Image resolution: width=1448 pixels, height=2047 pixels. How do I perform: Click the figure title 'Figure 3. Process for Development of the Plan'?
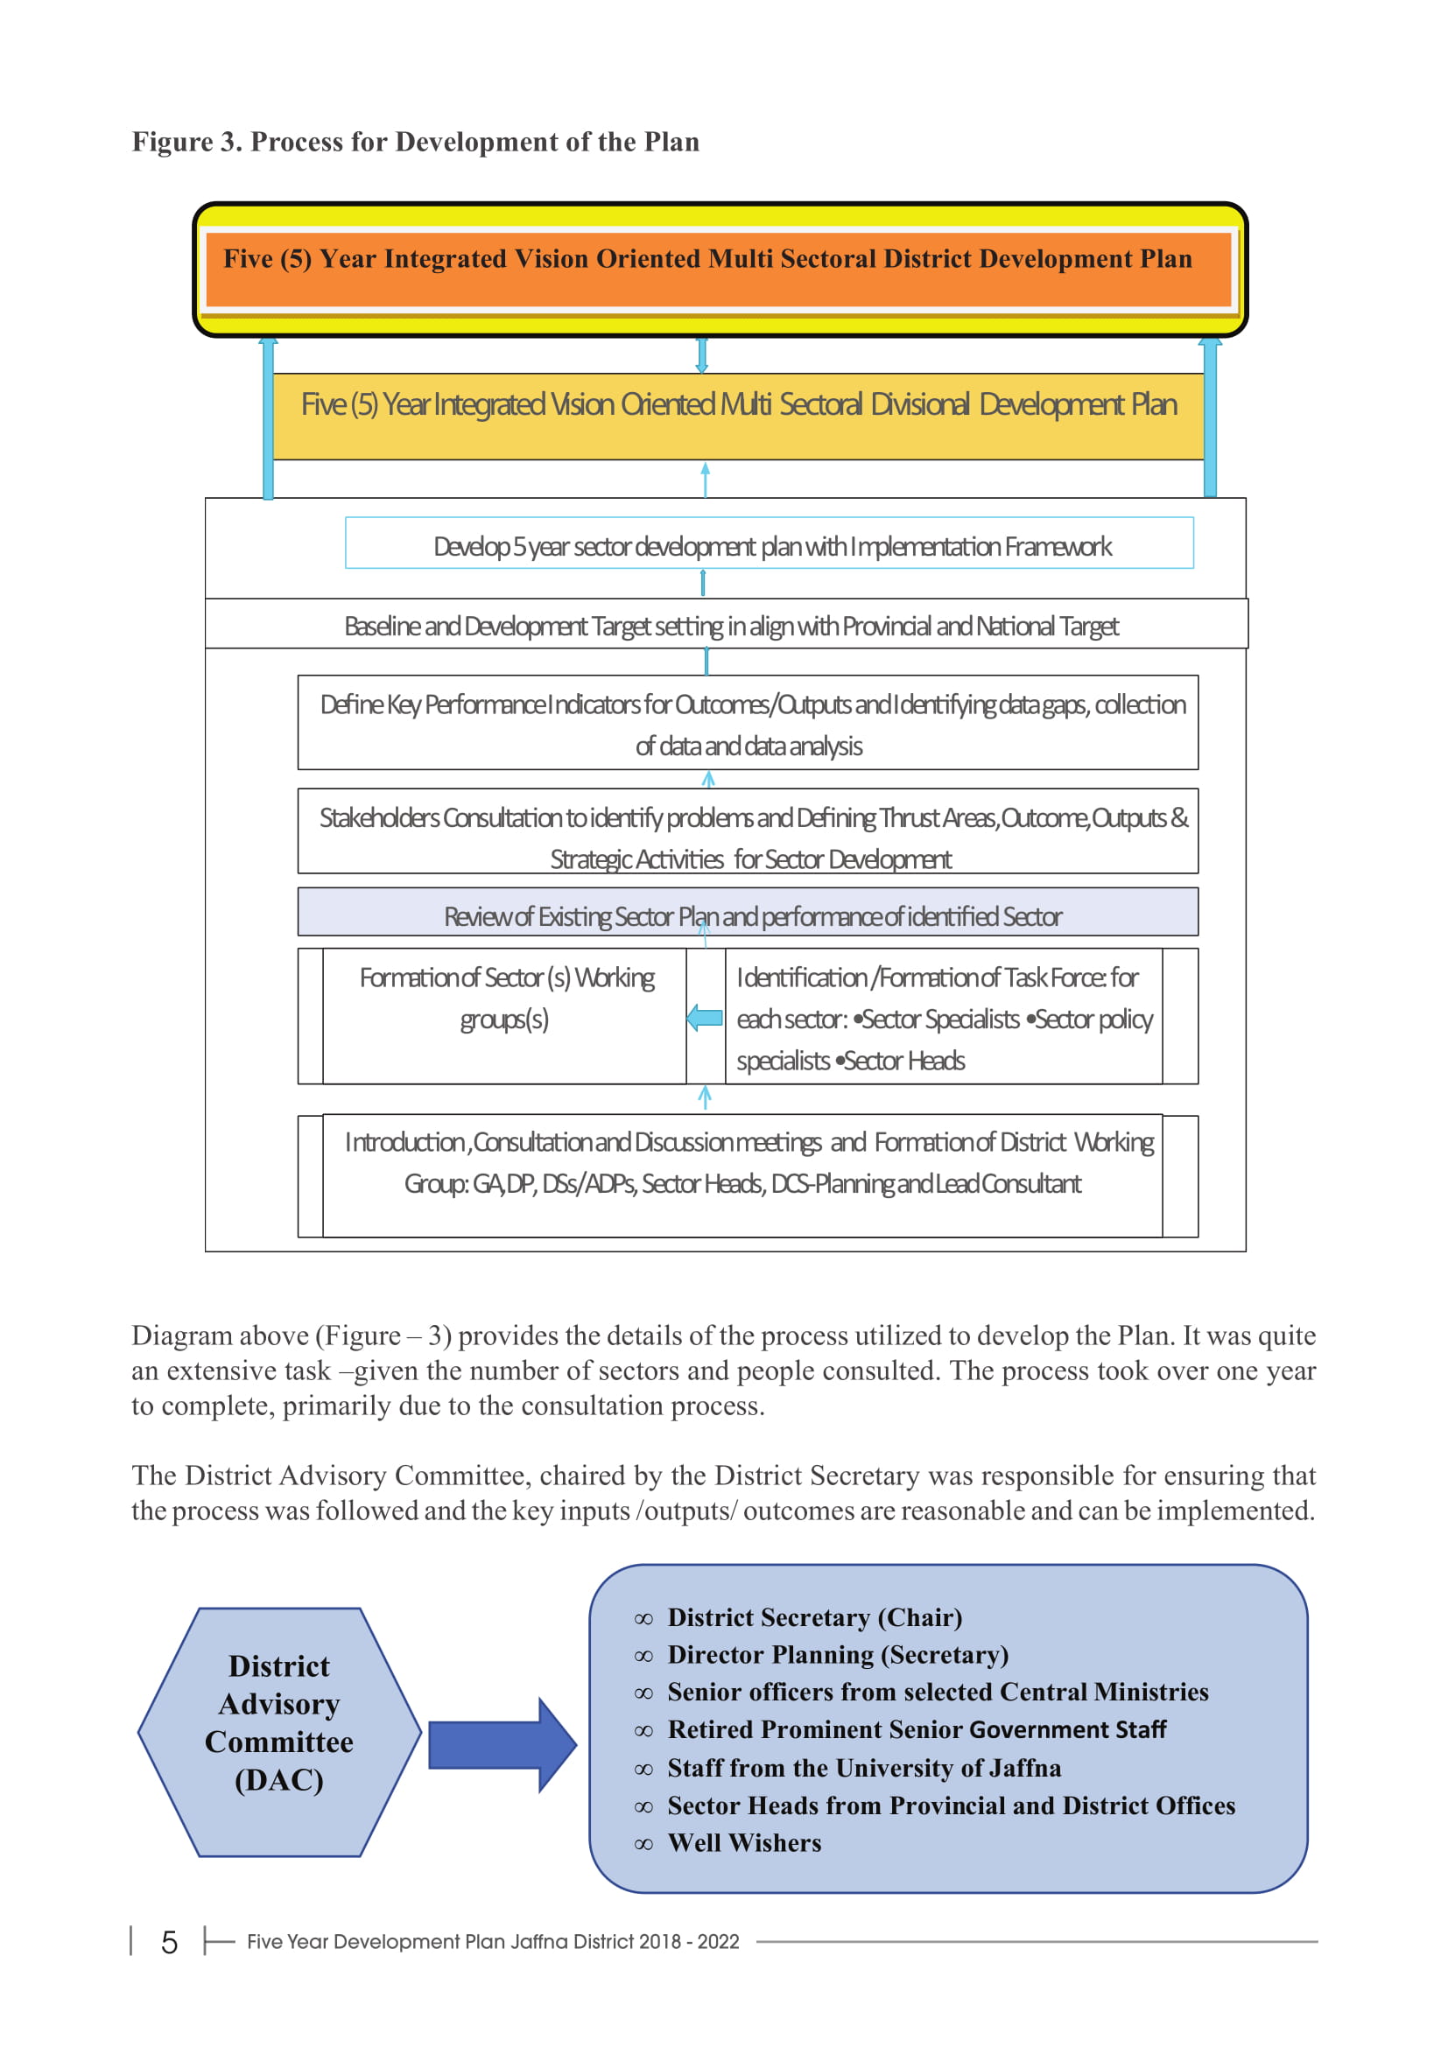(416, 142)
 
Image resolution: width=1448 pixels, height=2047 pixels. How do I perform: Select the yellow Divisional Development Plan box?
(738, 417)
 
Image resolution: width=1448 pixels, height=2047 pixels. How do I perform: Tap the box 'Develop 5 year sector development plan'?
(770, 543)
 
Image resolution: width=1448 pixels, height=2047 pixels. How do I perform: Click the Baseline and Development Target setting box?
(727, 623)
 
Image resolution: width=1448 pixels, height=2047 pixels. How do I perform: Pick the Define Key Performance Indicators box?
(748, 723)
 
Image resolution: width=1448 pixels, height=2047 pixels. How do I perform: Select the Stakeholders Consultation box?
(748, 831)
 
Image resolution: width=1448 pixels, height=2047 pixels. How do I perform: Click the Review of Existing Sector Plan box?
(748, 912)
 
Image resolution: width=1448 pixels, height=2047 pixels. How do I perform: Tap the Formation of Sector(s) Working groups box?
(504, 1016)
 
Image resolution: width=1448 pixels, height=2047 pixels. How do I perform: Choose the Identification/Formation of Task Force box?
(945, 1016)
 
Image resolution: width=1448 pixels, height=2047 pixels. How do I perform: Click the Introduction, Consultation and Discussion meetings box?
(742, 1176)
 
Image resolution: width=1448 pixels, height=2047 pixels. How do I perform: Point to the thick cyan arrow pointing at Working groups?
(706, 1017)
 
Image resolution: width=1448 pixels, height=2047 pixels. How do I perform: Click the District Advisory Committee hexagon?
(279, 1732)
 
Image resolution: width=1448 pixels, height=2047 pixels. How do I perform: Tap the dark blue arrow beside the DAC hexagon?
(503, 1745)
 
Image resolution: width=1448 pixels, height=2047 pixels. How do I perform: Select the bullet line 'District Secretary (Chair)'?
(798, 1617)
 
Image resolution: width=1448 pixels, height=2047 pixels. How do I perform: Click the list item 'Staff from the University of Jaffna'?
(847, 1768)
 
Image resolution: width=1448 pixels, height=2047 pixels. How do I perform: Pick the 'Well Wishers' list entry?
(728, 1843)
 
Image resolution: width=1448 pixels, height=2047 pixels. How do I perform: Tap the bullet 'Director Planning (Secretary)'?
(821, 1655)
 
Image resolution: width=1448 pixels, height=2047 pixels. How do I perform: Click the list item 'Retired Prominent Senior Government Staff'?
(900, 1729)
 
